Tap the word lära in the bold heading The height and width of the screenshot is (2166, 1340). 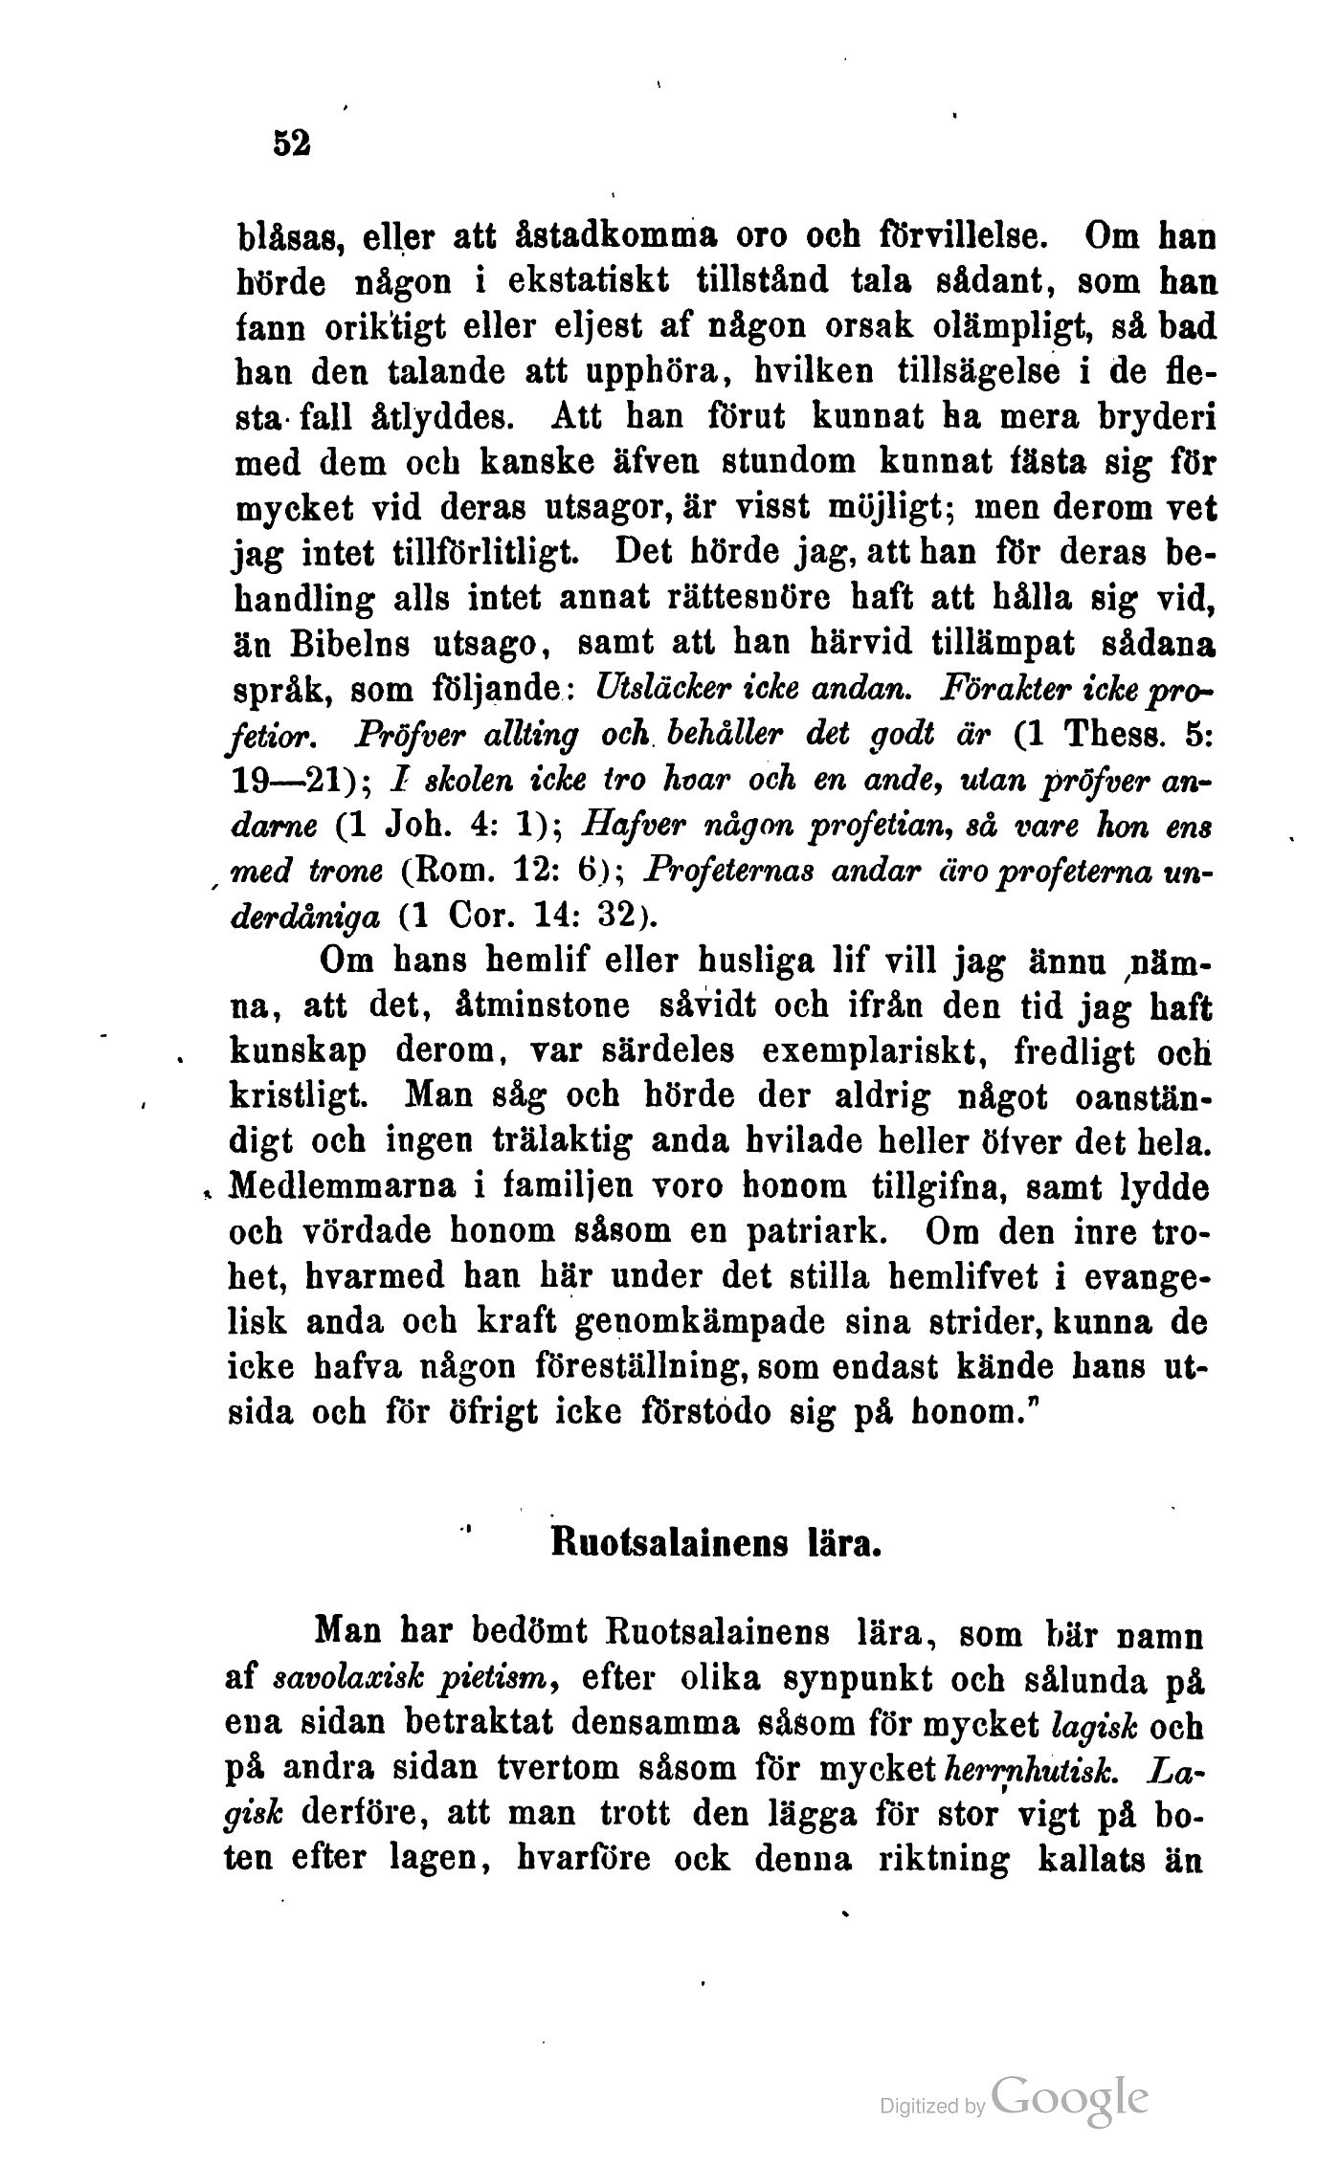click(x=844, y=1545)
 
